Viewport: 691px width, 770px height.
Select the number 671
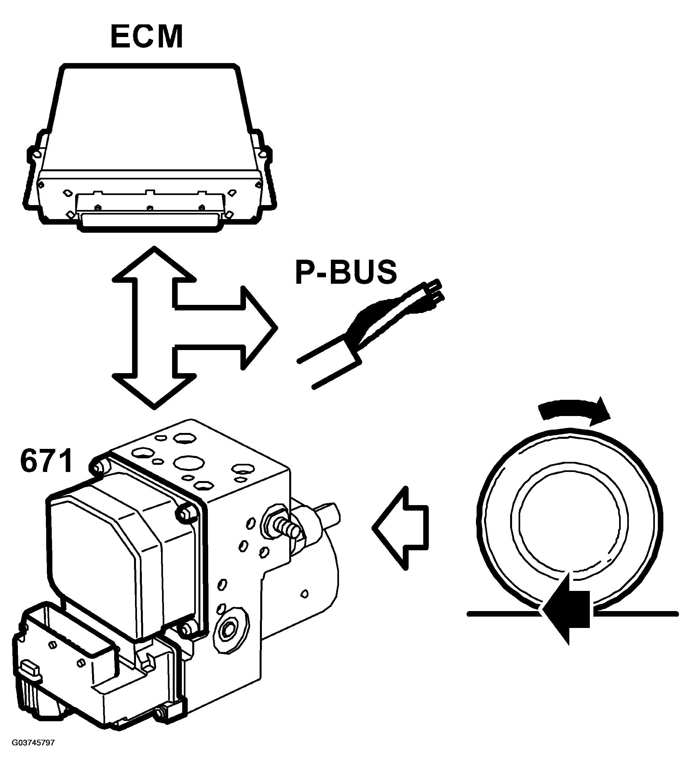(46, 461)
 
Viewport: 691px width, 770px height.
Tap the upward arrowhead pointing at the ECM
(154, 266)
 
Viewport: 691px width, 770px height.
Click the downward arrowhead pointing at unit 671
(154, 391)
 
